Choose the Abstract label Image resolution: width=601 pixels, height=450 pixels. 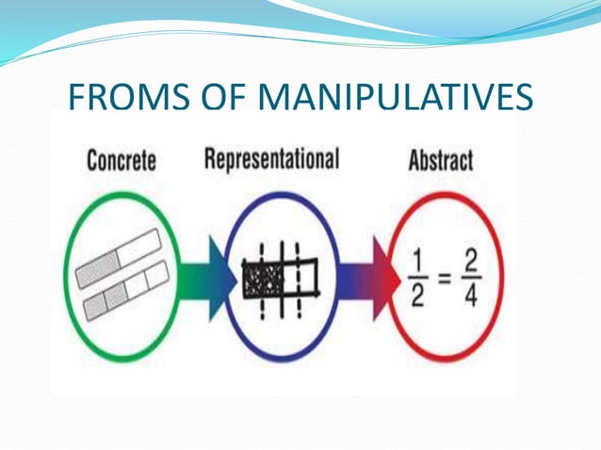(x=439, y=160)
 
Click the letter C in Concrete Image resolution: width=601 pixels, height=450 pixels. (x=93, y=160)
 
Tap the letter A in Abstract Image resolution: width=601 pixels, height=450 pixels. (x=414, y=160)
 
